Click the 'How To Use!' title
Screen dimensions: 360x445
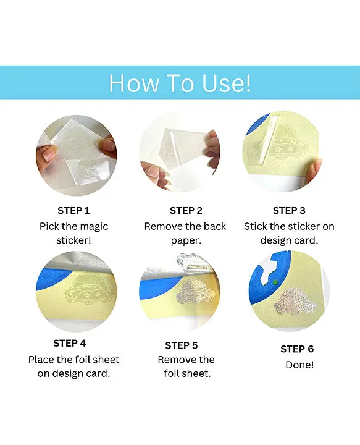pyautogui.click(x=180, y=83)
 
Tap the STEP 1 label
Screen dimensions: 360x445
pyautogui.click(x=73, y=211)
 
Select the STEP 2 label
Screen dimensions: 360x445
pyautogui.click(x=186, y=211)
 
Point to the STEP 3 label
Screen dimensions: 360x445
pyautogui.click(x=289, y=211)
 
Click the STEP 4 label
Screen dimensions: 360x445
pyautogui.click(x=69, y=343)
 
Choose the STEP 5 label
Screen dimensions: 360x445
pyautogui.click(x=181, y=345)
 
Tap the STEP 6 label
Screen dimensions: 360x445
pyautogui.click(x=297, y=349)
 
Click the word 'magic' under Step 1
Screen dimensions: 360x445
pyautogui.click(x=93, y=227)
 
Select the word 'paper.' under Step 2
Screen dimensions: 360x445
pyautogui.click(x=186, y=241)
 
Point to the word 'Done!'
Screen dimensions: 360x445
pyautogui.click(x=299, y=365)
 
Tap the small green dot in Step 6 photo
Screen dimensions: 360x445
pyautogui.click(x=275, y=282)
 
